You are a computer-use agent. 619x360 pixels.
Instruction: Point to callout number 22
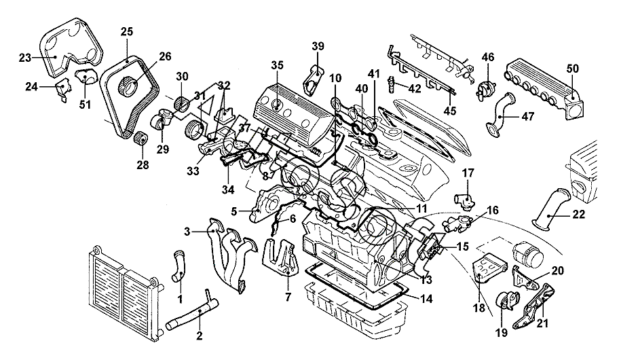click(x=578, y=215)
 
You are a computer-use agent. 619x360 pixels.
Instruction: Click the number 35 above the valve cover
click(x=275, y=66)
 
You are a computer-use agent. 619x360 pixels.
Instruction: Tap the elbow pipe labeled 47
click(x=501, y=120)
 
